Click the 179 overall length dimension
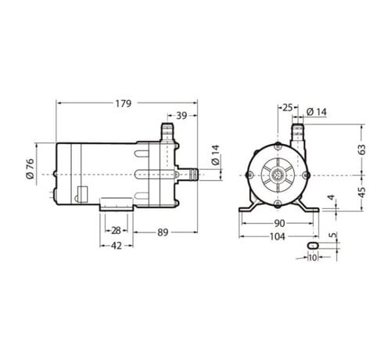point(124,103)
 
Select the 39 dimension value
point(181,116)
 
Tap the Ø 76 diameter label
point(30,168)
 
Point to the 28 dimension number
point(116,231)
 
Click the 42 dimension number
point(117,246)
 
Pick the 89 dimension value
point(163,232)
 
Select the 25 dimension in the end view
point(288,107)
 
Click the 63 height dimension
point(362,149)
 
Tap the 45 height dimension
point(362,192)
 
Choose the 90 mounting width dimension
point(279,223)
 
